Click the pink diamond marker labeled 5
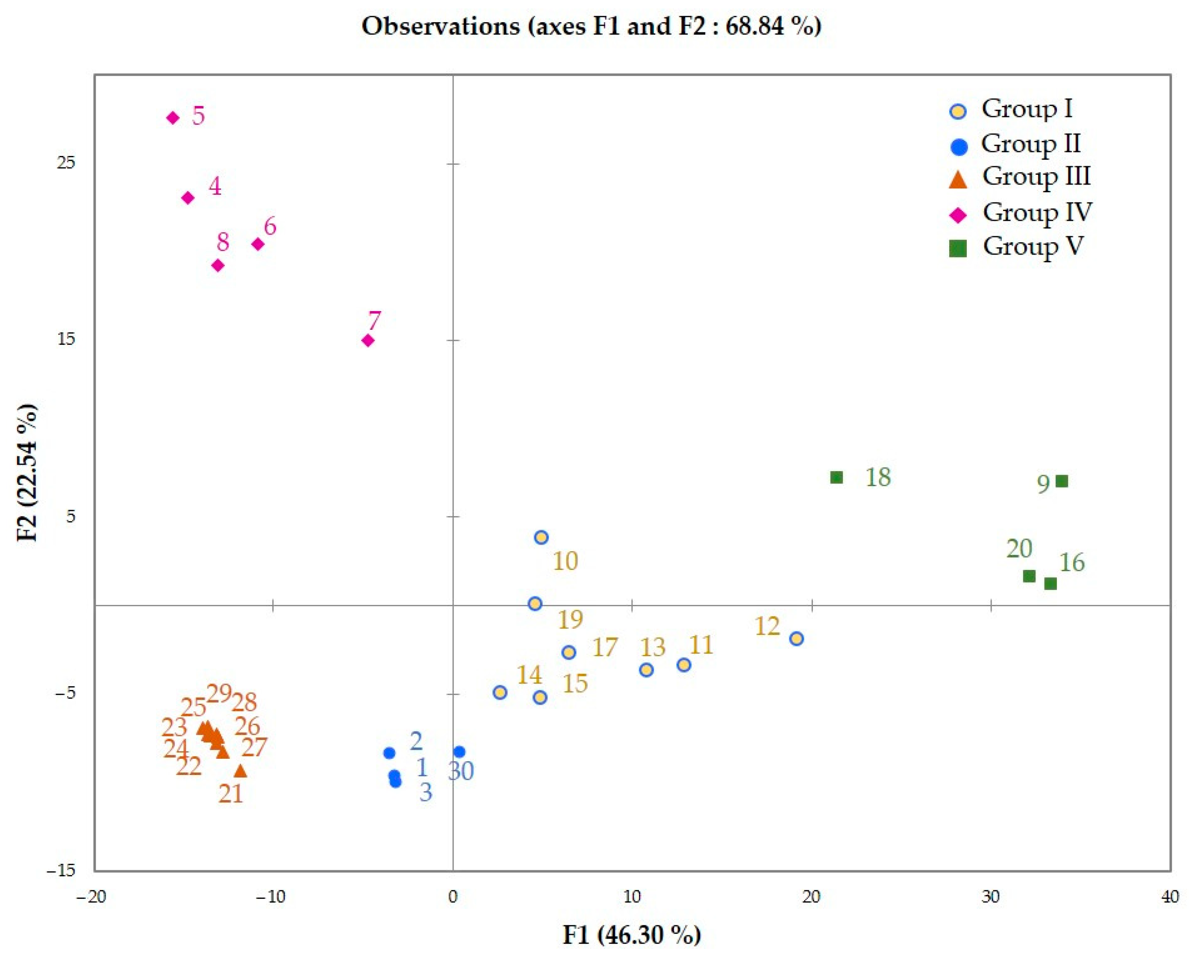(173, 118)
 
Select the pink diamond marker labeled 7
(368, 341)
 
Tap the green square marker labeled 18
(836, 477)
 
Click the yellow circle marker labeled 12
(796, 639)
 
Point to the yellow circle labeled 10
(541, 537)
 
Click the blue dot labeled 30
(459, 752)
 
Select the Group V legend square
(959, 249)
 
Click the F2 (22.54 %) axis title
(28, 473)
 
